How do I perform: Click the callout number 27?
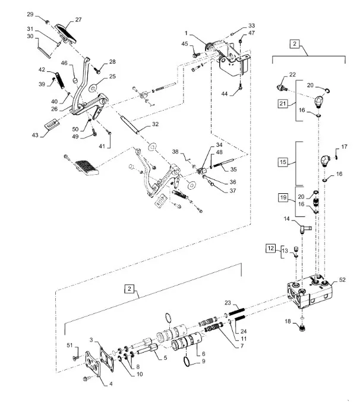78,19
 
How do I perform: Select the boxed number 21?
283,105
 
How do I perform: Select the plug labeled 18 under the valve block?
304,325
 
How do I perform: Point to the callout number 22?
292,74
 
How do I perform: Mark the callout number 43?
36,136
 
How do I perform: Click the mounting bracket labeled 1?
229,56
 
